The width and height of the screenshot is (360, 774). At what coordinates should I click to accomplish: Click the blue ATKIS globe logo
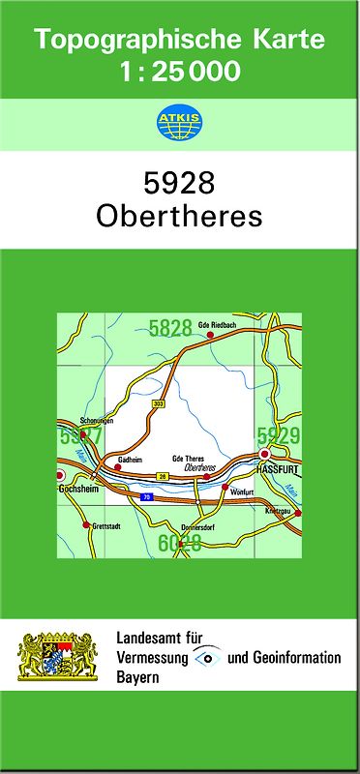pyautogui.click(x=179, y=124)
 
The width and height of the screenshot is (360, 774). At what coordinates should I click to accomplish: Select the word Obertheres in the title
pyautogui.click(x=180, y=217)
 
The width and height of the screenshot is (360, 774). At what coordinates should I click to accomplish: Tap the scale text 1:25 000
pyautogui.click(x=180, y=72)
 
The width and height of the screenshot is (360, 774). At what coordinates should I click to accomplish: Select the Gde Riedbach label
pyautogui.click(x=217, y=324)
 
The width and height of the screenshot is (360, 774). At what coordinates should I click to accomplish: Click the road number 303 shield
pyautogui.click(x=158, y=402)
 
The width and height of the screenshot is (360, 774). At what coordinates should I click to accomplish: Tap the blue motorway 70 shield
pyautogui.click(x=146, y=497)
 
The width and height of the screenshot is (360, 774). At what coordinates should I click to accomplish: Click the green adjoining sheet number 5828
pyautogui.click(x=170, y=329)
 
